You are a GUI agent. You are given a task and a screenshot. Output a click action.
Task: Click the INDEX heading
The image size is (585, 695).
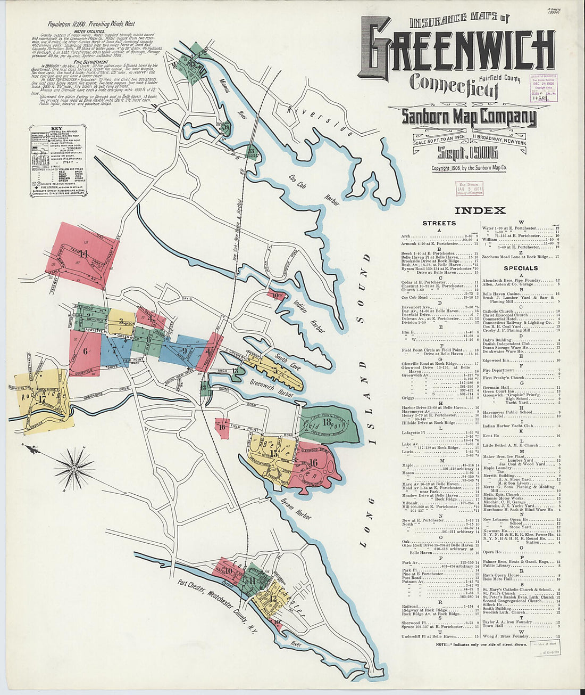(480, 210)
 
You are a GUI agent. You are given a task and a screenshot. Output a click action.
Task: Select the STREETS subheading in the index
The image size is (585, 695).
(439, 223)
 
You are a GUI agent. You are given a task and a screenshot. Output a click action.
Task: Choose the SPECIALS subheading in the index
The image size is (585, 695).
(521, 268)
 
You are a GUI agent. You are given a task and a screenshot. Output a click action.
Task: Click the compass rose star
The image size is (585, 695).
(74, 468)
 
